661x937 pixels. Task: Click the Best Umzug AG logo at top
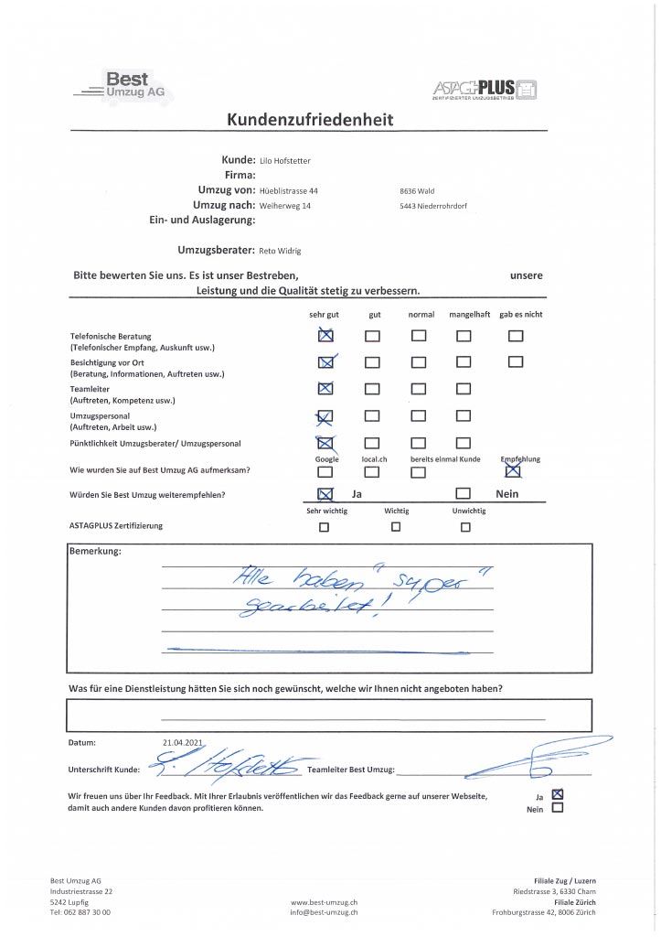coord(124,86)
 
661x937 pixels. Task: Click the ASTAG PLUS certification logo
coord(485,90)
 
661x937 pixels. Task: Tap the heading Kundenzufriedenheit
coord(309,120)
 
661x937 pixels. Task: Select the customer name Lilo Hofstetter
coord(285,161)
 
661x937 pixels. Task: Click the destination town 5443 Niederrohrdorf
coord(433,206)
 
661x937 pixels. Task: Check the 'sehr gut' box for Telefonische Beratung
coord(325,336)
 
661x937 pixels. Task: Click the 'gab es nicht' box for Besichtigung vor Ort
coord(516,361)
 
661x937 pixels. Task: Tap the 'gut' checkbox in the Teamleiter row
coord(372,388)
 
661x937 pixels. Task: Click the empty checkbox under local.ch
coord(372,472)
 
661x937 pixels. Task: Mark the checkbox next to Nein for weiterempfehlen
coord(464,494)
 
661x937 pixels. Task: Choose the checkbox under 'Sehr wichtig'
coord(325,527)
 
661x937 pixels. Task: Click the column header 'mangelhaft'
coord(469,315)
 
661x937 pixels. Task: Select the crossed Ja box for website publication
coord(559,794)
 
